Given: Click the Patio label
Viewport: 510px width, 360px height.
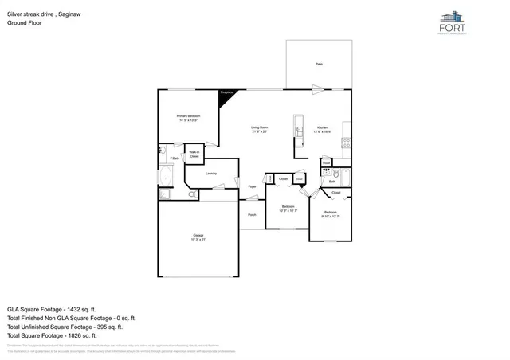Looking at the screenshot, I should (319, 64).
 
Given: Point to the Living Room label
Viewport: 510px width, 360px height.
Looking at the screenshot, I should (259, 127).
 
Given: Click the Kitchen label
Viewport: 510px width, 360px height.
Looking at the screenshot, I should (322, 127).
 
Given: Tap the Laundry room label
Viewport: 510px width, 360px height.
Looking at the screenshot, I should (211, 173).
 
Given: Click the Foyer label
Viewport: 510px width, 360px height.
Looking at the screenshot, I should (252, 187).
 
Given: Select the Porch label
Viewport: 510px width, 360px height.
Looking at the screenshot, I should (252, 214).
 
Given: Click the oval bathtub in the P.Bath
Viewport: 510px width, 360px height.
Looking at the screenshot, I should (166, 176).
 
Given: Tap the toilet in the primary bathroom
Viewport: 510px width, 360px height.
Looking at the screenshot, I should (192, 194).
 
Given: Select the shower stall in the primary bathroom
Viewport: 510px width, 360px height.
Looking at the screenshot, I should (164, 194).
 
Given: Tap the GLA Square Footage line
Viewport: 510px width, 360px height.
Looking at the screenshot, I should (52, 308).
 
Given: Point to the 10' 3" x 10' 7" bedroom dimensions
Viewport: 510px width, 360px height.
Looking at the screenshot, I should (287, 211).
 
